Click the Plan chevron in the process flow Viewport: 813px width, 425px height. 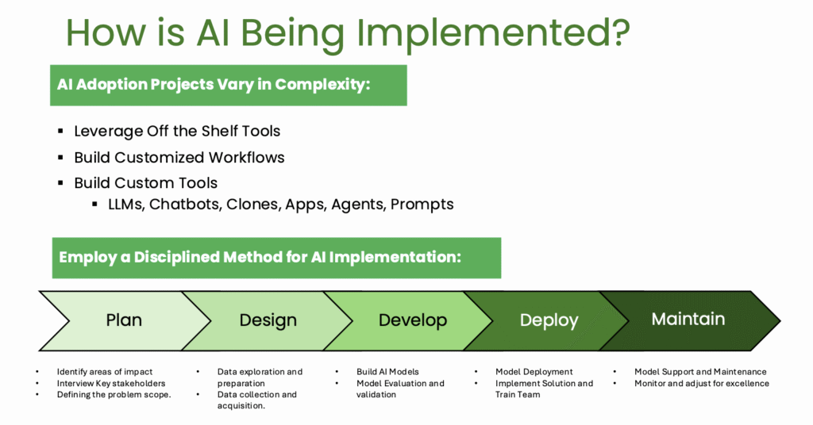(x=124, y=320)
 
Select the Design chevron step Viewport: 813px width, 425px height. (x=268, y=320)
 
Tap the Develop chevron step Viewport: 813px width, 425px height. (x=412, y=320)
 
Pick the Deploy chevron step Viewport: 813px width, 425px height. (x=549, y=320)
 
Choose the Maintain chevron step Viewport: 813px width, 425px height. (x=688, y=319)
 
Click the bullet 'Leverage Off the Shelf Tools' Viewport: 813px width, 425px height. (x=177, y=131)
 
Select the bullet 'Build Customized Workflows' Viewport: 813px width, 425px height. (x=179, y=157)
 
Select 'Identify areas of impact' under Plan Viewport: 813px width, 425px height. (x=104, y=372)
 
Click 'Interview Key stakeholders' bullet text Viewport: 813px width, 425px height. (x=110, y=383)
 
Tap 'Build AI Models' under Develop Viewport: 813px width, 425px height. (x=387, y=372)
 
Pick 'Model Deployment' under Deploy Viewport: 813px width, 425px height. (x=534, y=372)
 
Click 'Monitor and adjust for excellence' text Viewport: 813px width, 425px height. (x=701, y=383)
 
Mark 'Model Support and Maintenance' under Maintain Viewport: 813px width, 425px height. (x=700, y=372)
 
